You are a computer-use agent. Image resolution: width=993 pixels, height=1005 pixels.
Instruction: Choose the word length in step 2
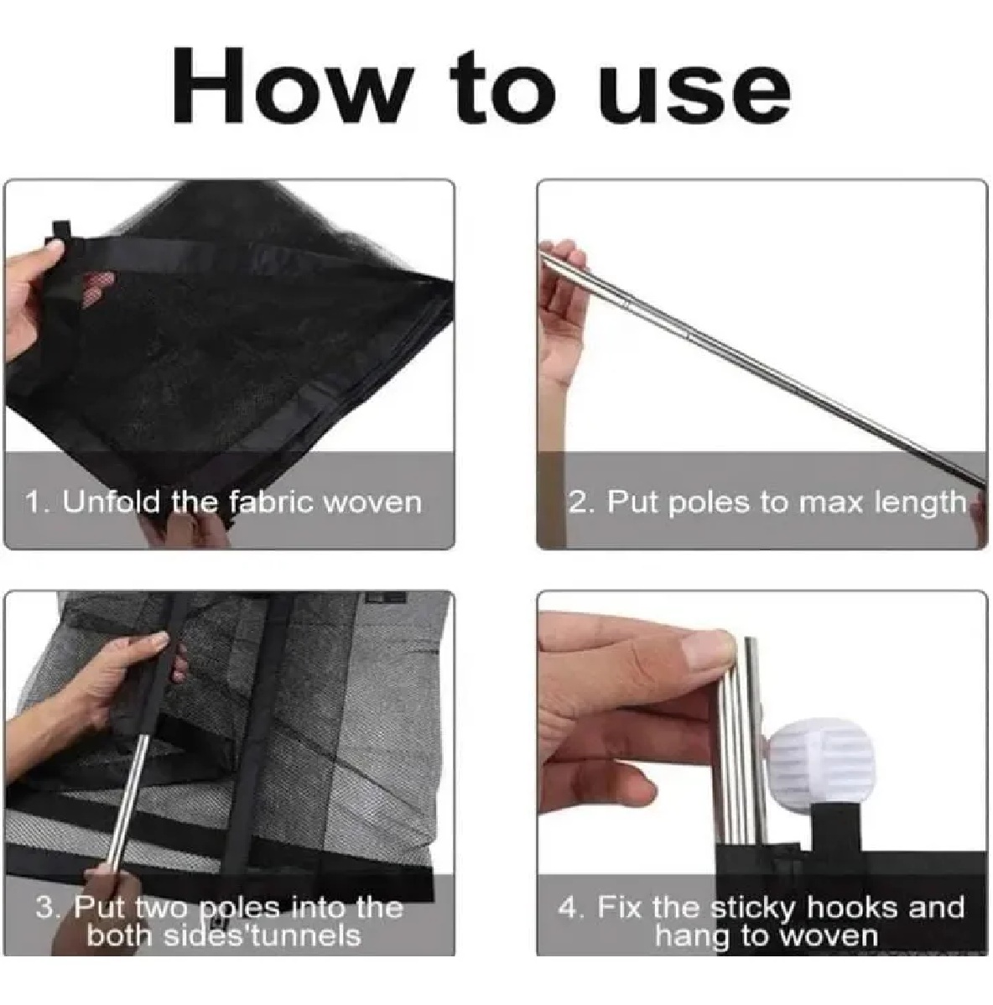920,503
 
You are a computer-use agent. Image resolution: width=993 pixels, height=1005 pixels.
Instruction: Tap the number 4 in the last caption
568,909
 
